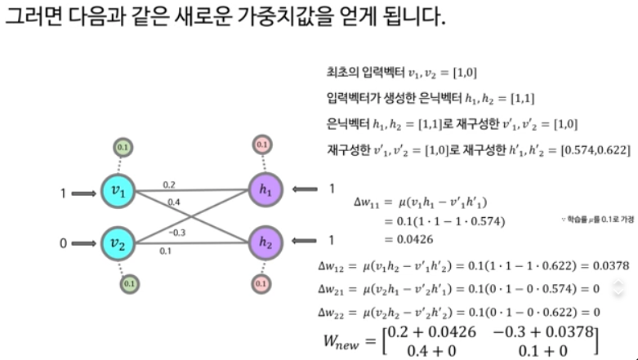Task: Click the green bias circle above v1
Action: pyautogui.click(x=123, y=148)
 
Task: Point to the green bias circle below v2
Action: pyautogui.click(x=129, y=283)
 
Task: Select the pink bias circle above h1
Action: pyautogui.click(x=261, y=145)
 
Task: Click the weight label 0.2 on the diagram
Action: pyautogui.click(x=170, y=184)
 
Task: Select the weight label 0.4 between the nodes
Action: pyautogui.click(x=173, y=201)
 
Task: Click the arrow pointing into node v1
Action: pyautogui.click(x=83, y=194)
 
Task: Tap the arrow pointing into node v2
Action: pyautogui.click(x=83, y=242)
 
